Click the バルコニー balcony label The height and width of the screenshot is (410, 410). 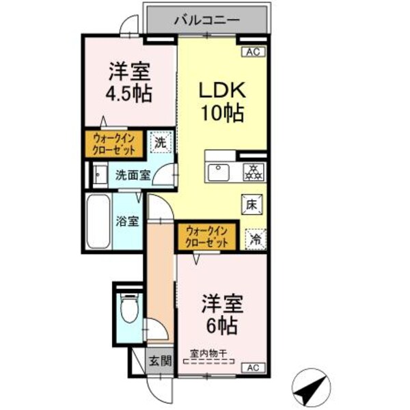206,20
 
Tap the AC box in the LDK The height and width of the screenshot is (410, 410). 251,51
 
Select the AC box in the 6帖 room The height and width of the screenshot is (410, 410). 252,368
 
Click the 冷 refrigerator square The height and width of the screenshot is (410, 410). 254,238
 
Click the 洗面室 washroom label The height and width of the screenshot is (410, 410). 133,174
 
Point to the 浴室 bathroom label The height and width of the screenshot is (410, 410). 127,221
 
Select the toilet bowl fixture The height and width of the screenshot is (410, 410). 127,308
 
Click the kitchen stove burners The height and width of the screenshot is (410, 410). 254,171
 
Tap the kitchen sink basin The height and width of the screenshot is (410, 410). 219,172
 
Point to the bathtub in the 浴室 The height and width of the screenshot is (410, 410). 100,223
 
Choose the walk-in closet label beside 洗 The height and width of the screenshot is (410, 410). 114,144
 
